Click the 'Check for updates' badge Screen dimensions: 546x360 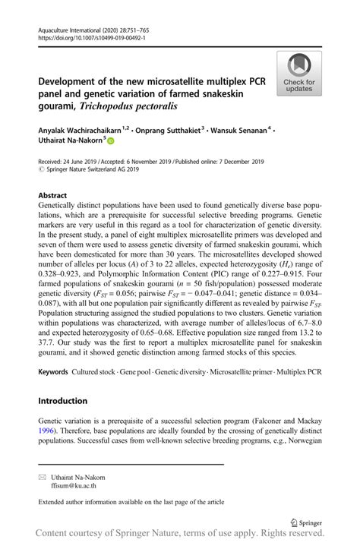[x=299, y=73]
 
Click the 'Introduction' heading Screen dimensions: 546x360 [x=63, y=400]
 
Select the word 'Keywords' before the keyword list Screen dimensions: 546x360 [x=53, y=373]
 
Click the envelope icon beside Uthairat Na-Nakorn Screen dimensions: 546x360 [x=43, y=478]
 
